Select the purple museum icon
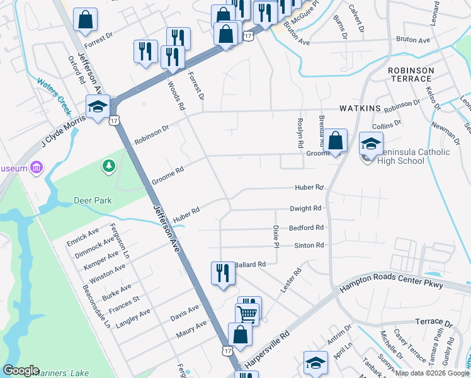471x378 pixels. click(37, 168)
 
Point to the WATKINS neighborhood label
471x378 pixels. click(360, 108)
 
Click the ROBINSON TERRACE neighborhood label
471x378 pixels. click(411, 74)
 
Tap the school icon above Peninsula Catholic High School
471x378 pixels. click(371, 143)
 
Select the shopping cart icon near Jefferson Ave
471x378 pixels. click(247, 313)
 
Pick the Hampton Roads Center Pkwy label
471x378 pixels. click(390, 278)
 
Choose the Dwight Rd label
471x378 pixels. click(305, 208)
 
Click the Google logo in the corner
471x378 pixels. click(21, 370)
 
